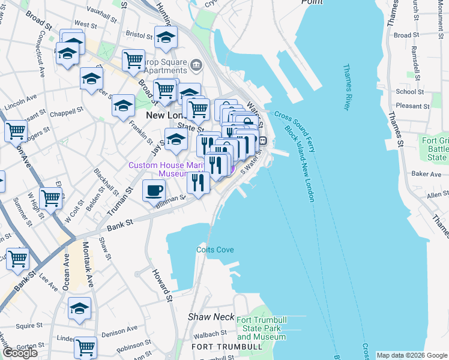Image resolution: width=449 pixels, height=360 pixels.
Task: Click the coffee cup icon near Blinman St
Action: (154, 191)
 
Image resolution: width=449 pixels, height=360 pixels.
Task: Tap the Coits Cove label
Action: (215, 250)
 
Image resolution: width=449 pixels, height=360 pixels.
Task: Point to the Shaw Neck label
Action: (206, 316)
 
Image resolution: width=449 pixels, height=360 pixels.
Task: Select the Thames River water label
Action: (346, 87)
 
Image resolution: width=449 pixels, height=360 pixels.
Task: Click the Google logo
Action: (20, 353)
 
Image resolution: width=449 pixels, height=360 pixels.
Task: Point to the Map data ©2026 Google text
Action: (411, 355)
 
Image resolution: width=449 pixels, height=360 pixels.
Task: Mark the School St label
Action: (410, 92)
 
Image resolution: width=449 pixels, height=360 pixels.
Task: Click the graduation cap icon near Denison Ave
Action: (79, 309)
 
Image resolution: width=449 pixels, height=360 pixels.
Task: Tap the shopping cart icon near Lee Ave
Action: (18, 259)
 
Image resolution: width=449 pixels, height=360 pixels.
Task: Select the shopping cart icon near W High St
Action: (51, 197)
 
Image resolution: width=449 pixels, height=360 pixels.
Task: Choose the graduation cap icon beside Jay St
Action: (176, 139)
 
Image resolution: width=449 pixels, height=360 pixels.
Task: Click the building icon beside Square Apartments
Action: (196, 64)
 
